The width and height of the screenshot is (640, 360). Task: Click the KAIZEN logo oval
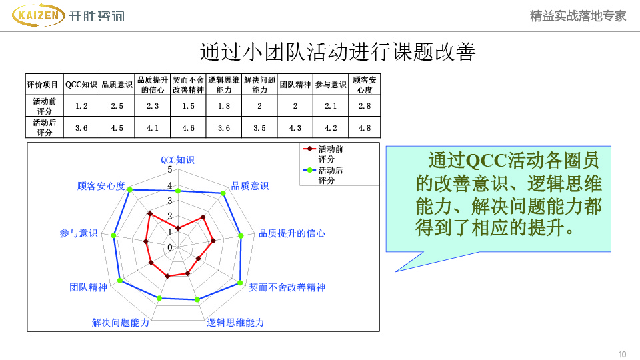click(39, 15)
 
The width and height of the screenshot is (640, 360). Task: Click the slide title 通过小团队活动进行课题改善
click(337, 52)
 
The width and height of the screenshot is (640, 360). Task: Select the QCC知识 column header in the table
click(81, 85)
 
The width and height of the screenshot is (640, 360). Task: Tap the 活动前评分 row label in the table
click(45, 106)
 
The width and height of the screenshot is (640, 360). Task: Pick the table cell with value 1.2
click(81, 106)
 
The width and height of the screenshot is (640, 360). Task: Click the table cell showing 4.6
click(188, 128)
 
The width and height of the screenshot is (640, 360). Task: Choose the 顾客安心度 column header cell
click(365, 85)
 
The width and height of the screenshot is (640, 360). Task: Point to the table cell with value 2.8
click(365, 106)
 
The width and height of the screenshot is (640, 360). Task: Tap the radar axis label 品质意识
click(250, 186)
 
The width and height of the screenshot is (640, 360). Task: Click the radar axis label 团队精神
click(88, 287)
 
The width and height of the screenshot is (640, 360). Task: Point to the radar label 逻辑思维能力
click(235, 323)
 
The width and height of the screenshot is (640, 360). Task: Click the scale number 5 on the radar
click(170, 170)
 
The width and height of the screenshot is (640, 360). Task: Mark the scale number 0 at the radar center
click(170, 247)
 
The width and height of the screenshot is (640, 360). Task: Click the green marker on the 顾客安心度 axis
click(130, 189)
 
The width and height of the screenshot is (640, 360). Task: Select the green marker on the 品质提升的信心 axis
click(241, 236)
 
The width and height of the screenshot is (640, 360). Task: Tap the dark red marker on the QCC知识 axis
click(177, 228)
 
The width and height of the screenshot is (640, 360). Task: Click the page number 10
click(622, 354)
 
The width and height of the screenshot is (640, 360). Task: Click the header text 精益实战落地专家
click(577, 16)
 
